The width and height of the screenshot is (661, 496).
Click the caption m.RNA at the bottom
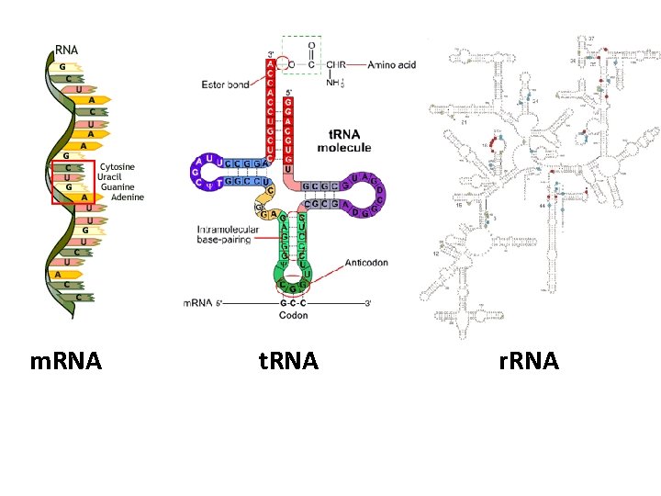point(65,361)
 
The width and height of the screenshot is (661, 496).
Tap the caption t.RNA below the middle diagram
point(288,361)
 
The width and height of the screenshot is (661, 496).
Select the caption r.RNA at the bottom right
point(529,361)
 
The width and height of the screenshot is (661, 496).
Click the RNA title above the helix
point(67,49)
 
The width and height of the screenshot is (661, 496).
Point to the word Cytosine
point(118,166)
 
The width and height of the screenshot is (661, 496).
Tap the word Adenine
point(128,197)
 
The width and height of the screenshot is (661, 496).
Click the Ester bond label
point(225,85)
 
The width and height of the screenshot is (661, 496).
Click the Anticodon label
point(367,263)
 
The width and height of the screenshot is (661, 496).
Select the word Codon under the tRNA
point(294,316)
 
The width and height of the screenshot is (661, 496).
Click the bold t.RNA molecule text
point(344,141)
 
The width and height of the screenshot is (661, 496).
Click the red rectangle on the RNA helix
point(73,181)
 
